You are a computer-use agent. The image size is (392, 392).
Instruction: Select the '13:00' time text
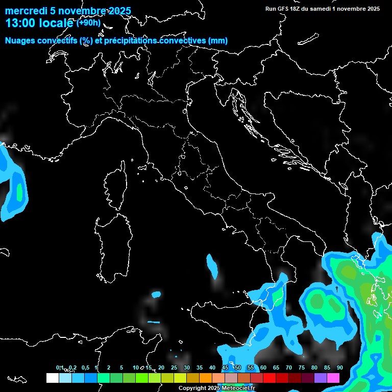point(20,23)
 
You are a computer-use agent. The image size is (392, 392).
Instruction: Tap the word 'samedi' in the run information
point(318,9)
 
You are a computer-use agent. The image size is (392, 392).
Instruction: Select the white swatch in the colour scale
point(52,378)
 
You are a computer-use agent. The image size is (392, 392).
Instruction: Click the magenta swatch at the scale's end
point(333,378)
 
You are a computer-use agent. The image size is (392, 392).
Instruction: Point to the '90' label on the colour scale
point(339,367)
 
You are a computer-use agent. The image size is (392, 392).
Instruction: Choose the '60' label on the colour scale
point(263,367)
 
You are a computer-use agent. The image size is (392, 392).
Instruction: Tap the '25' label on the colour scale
point(174,367)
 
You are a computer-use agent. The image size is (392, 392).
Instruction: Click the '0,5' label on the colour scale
point(85,367)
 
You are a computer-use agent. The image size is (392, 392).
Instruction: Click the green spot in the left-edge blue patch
point(19,192)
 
